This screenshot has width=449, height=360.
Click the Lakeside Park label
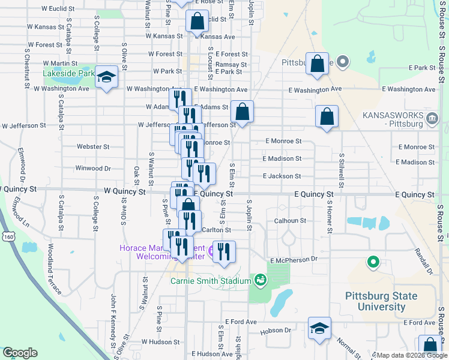pos(69,74)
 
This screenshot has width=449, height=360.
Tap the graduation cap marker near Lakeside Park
pos(107,77)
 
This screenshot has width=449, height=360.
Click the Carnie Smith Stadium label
pos(210,281)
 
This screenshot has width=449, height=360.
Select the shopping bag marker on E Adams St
pos(242,112)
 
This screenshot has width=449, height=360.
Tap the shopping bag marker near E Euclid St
pos(197,22)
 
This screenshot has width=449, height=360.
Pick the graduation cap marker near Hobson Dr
pos(319,329)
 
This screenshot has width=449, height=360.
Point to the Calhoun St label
pos(291,221)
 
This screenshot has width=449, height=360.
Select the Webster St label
pos(93,146)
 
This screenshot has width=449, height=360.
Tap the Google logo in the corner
pos(20,353)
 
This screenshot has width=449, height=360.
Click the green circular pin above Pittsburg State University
pos(373,262)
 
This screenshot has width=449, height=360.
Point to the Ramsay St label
pos(232,64)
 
